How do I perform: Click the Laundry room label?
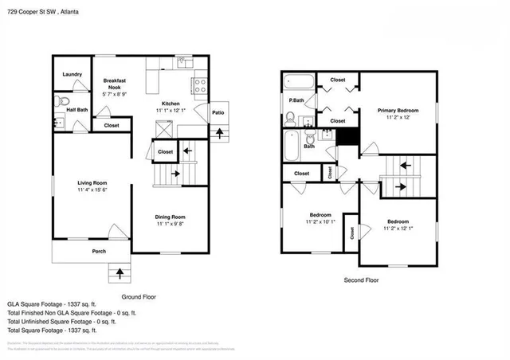point(73,75)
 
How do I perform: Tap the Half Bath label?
point(77,109)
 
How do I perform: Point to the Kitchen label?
point(173,104)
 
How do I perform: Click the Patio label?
point(217,112)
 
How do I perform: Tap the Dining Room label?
point(170,217)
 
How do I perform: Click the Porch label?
point(99,252)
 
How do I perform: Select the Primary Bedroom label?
point(398,110)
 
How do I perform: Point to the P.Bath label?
point(296,100)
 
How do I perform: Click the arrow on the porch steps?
point(120,274)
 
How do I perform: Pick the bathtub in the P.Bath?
point(300,81)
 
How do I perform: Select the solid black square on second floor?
point(346,136)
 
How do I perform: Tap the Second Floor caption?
point(361,280)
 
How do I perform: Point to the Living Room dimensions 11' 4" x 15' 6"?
point(92,190)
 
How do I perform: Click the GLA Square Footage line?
point(52,304)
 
